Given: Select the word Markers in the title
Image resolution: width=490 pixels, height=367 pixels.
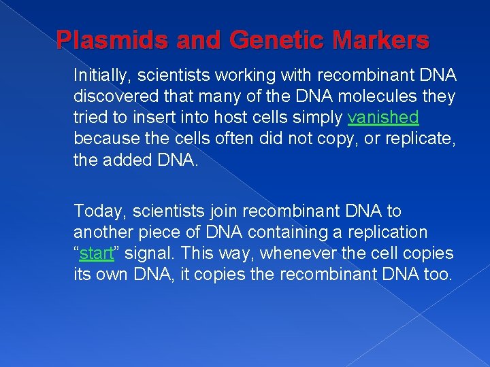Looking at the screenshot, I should [x=387, y=40].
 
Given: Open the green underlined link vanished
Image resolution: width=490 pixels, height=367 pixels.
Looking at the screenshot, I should [x=383, y=118].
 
